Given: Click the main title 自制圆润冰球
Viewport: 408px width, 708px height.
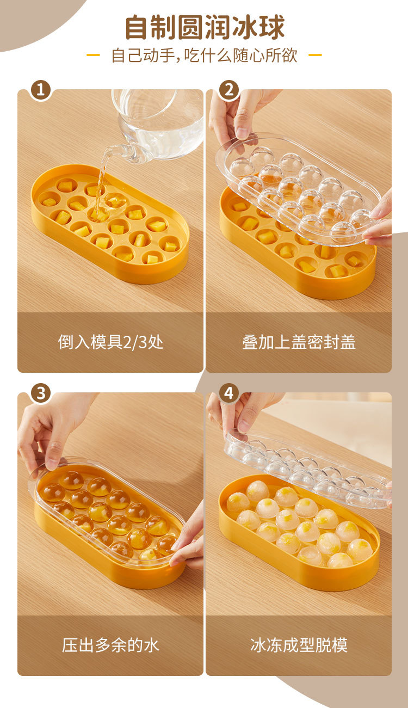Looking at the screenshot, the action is [205, 27].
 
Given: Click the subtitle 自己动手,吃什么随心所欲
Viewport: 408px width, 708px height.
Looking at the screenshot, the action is [204, 56].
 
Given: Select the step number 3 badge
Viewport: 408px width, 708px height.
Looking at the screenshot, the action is [40, 393].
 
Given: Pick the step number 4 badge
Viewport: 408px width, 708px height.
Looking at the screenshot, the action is [229, 393].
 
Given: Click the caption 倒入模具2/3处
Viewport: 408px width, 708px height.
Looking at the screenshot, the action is [110, 342].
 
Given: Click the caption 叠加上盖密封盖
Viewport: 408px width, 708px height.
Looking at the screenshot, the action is [299, 342].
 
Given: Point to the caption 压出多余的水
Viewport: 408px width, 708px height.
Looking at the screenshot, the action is [110, 645].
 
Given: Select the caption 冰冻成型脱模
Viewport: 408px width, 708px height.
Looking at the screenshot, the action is [299, 645].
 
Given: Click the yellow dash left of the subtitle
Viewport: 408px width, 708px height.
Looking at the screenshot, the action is [93, 55].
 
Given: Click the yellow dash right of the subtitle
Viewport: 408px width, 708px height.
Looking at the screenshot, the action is [315, 55].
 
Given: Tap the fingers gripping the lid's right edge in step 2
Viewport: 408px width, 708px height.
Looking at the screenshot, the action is [379, 221].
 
